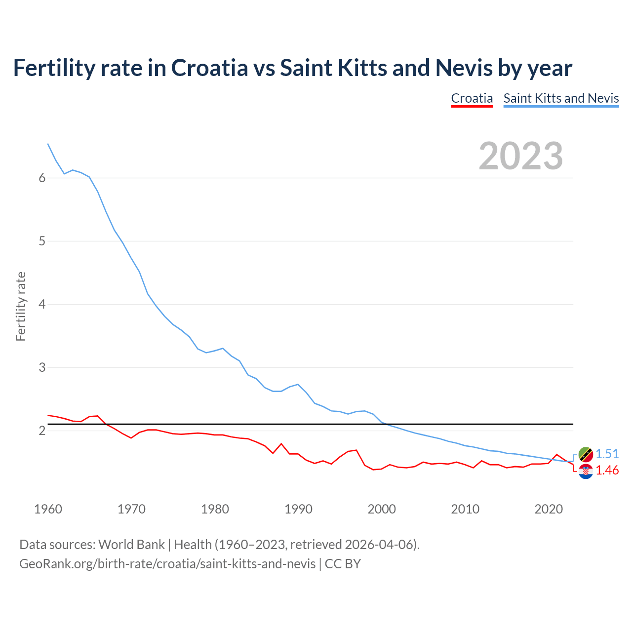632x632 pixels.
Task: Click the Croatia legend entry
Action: tap(472, 98)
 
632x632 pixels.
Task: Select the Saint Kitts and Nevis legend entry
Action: tap(561, 98)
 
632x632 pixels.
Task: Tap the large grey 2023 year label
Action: tap(520, 156)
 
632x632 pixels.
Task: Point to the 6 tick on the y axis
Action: tap(42, 178)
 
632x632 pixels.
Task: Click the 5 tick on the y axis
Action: tap(42, 241)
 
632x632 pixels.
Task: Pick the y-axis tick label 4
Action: tap(42, 305)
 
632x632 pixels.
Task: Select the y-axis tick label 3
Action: tap(42, 368)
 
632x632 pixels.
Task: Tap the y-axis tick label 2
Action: tap(42, 431)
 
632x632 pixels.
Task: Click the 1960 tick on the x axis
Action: tap(48, 509)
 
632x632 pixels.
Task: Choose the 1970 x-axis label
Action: tap(131, 509)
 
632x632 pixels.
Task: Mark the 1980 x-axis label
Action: tap(215, 509)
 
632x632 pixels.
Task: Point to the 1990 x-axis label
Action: tap(298, 509)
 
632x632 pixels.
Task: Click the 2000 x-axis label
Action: tap(382, 509)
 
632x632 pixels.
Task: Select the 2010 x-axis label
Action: tap(465, 509)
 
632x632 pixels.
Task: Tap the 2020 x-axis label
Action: tap(549, 509)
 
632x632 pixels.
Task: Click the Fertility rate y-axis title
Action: tap(21, 306)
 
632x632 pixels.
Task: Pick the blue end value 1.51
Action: tap(607, 454)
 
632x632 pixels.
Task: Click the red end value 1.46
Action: tap(607, 471)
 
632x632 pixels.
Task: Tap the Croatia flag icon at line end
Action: tap(586, 472)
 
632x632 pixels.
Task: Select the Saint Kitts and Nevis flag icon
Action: tap(586, 454)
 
